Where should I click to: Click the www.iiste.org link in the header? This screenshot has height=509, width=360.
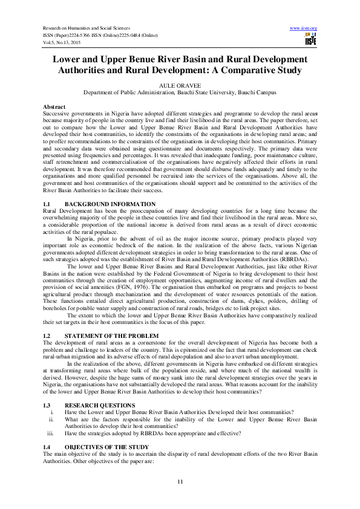pyautogui.click(x=304, y=28)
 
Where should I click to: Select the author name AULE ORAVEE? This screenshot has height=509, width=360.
pyautogui.click(x=180, y=87)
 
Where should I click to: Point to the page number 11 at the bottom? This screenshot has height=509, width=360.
pyautogui.click(x=180, y=481)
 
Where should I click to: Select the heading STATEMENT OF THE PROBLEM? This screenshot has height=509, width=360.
pyautogui.click(x=112, y=336)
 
